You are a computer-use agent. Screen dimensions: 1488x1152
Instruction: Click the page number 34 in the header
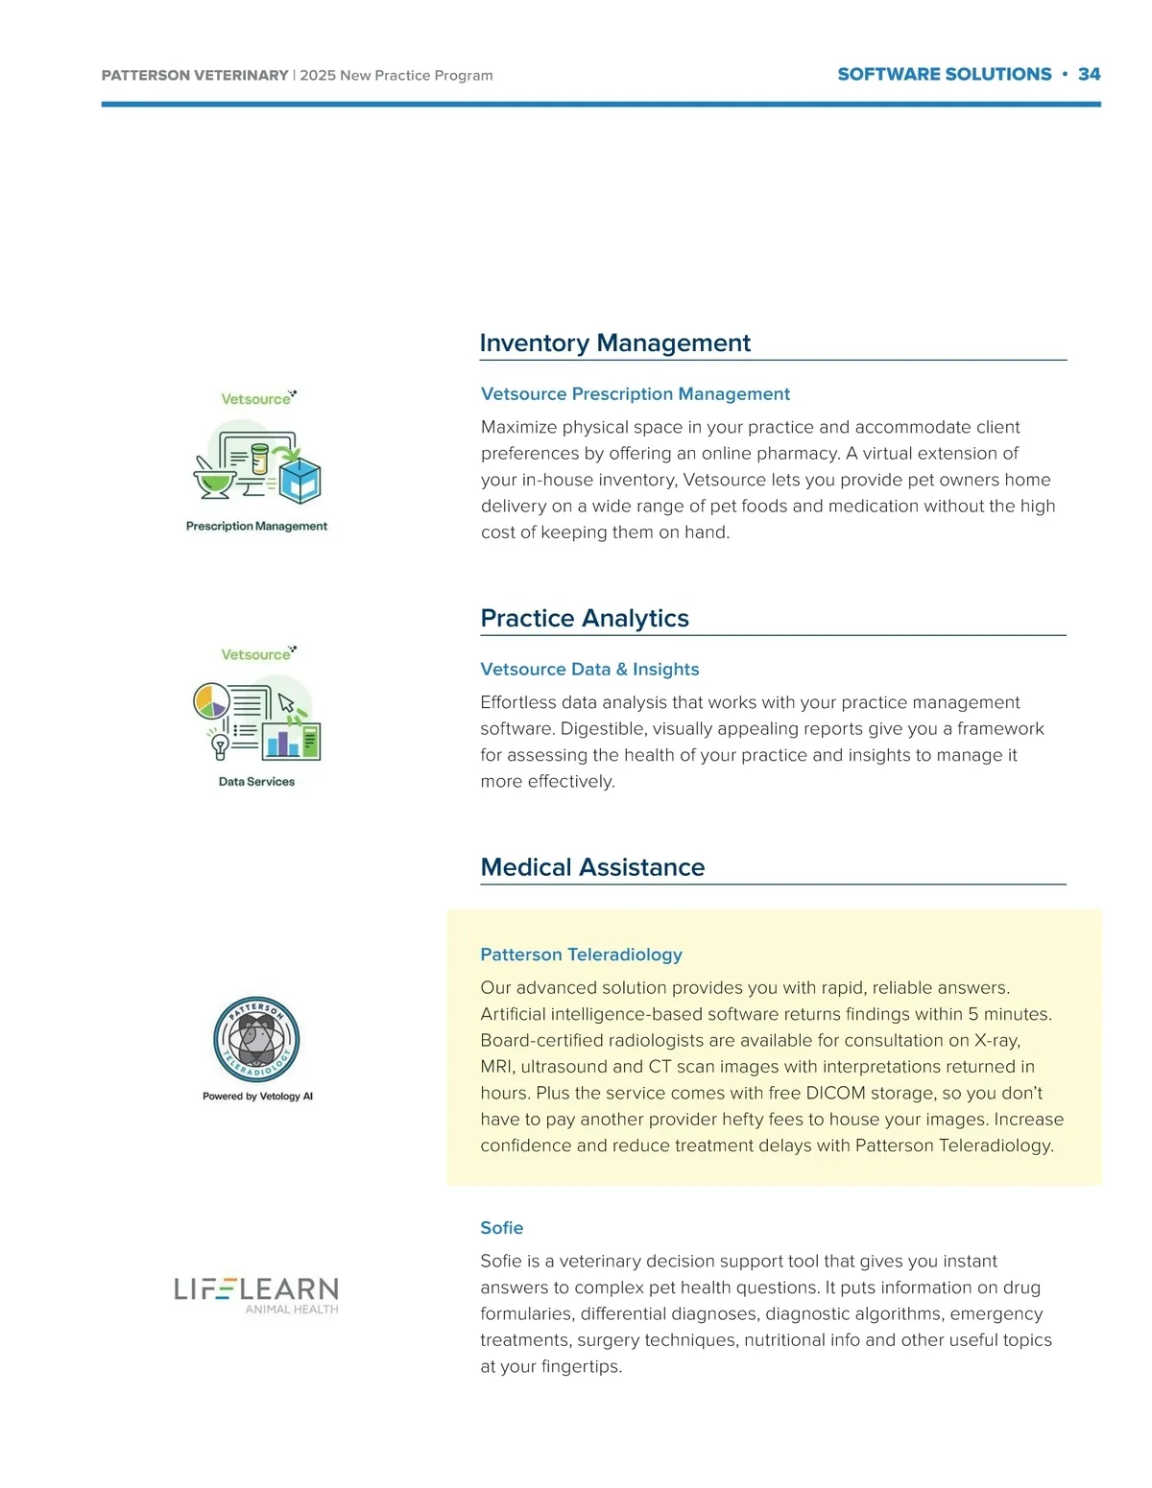[x=1089, y=75]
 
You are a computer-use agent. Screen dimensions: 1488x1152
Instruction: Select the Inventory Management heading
[x=614, y=343]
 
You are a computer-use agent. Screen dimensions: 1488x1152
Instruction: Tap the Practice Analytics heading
[x=585, y=619]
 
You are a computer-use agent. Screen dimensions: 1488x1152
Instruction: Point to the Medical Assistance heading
[x=592, y=867]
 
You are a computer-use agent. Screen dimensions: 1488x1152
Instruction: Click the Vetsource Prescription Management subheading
[x=635, y=394]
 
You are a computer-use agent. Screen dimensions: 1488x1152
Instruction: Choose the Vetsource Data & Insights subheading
[x=589, y=670]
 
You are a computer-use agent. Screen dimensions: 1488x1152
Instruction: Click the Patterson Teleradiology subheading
[x=581, y=955]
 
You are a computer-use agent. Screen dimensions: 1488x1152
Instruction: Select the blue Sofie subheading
[x=501, y=1228]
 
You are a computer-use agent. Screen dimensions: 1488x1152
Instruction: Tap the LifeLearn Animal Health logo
[x=256, y=1294]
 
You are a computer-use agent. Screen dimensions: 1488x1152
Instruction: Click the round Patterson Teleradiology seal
[x=256, y=1040]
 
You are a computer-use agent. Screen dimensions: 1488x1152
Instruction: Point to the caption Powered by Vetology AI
[x=257, y=1096]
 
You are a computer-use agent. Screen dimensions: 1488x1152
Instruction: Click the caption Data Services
[x=256, y=782]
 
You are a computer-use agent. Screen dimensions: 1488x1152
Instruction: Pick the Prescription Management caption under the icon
[x=256, y=526]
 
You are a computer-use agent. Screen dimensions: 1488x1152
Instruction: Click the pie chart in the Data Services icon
[x=211, y=700]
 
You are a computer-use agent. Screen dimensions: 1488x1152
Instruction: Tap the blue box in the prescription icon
[x=300, y=480]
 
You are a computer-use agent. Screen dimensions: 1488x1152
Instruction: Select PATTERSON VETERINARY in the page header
[x=195, y=76]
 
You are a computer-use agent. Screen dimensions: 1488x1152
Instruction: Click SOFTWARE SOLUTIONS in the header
[x=944, y=75]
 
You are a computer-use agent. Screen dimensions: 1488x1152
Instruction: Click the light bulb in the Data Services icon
[x=220, y=744]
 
